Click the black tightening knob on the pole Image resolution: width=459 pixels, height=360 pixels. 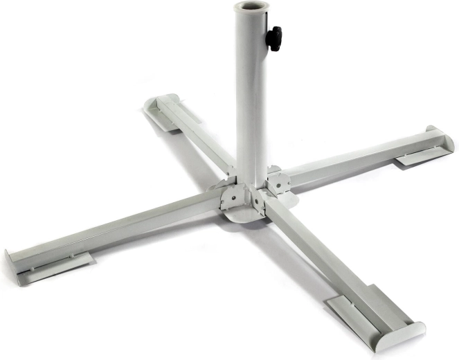coord(275,37)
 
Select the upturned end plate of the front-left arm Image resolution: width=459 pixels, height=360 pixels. coord(15,266)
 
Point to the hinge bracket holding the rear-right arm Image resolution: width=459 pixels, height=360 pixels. coord(279,182)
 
